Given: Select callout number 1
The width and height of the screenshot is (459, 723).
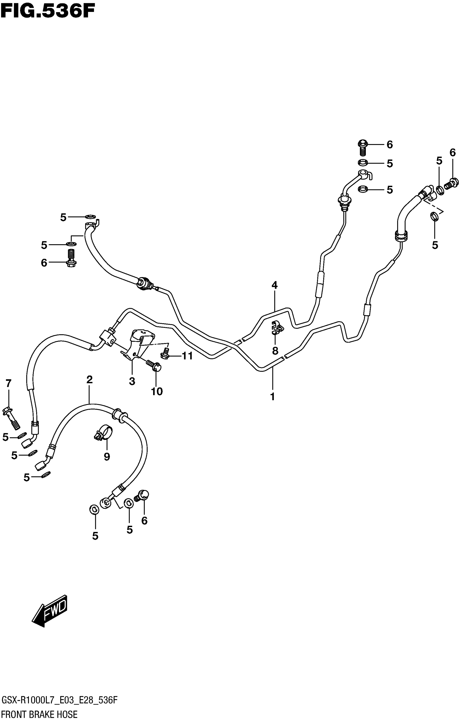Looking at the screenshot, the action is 272,397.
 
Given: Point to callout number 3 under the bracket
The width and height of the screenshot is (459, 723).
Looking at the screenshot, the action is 132,381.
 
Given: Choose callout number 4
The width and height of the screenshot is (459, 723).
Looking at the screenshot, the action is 275,285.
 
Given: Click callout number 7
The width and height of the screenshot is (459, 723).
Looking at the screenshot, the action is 8,383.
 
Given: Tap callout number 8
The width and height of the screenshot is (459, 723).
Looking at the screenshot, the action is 275,350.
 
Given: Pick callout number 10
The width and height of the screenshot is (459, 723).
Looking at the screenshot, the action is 157,391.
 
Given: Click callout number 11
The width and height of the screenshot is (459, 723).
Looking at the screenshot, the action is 187,356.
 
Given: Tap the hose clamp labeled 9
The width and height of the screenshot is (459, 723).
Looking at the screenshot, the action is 103,434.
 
